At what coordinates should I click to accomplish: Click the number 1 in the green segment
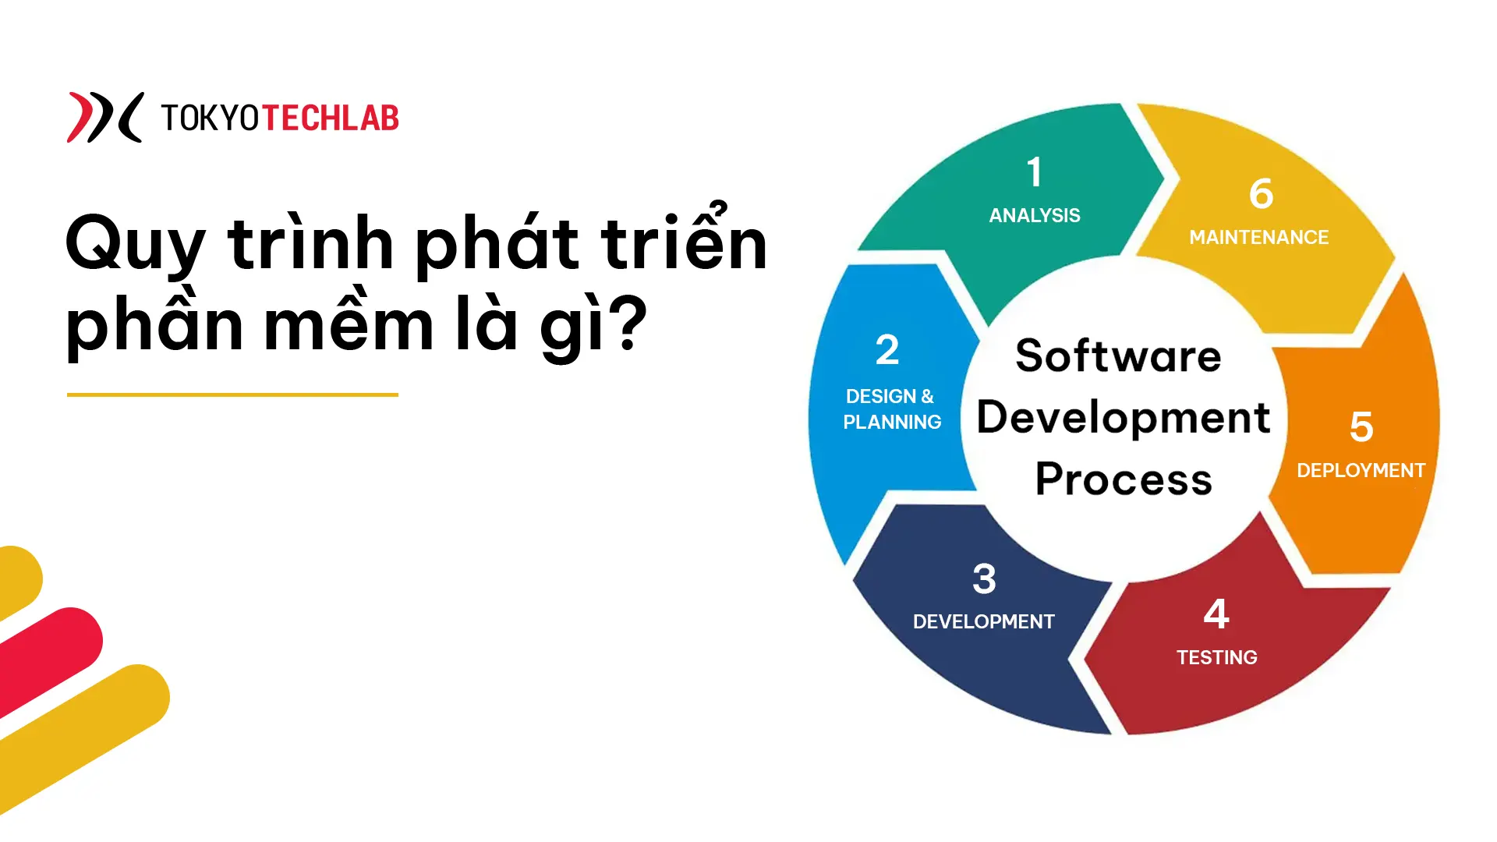click(1034, 172)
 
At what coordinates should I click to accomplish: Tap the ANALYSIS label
click(1035, 215)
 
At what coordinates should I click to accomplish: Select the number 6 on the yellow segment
click(1261, 193)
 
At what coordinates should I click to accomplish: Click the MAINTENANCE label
click(1258, 237)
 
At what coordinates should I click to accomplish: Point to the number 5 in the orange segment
click(1361, 427)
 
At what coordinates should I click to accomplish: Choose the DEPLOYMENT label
click(1361, 470)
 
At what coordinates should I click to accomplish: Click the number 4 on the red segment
click(1216, 614)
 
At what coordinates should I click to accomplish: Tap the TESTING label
click(1216, 657)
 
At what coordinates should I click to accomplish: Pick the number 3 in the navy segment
click(984, 578)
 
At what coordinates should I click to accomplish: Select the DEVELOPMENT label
click(983, 621)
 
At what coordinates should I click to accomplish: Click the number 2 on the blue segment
click(887, 349)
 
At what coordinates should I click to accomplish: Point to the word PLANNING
click(892, 422)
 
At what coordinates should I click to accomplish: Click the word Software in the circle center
click(1118, 356)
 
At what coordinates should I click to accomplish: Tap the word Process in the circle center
click(1124, 479)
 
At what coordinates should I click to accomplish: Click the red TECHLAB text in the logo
click(331, 119)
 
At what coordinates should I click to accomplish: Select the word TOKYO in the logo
click(210, 119)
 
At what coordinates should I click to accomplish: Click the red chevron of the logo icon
click(80, 117)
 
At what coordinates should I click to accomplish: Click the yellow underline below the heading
click(232, 394)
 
